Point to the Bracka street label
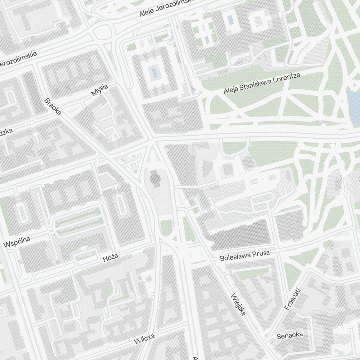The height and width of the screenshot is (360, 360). [53, 106]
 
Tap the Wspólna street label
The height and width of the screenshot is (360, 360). [17, 242]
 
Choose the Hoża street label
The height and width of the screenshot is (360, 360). [111, 257]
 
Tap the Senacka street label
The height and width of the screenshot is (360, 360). [290, 336]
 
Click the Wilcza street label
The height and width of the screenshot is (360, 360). [144, 339]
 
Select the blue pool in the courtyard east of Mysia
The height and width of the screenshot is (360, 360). [155, 73]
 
